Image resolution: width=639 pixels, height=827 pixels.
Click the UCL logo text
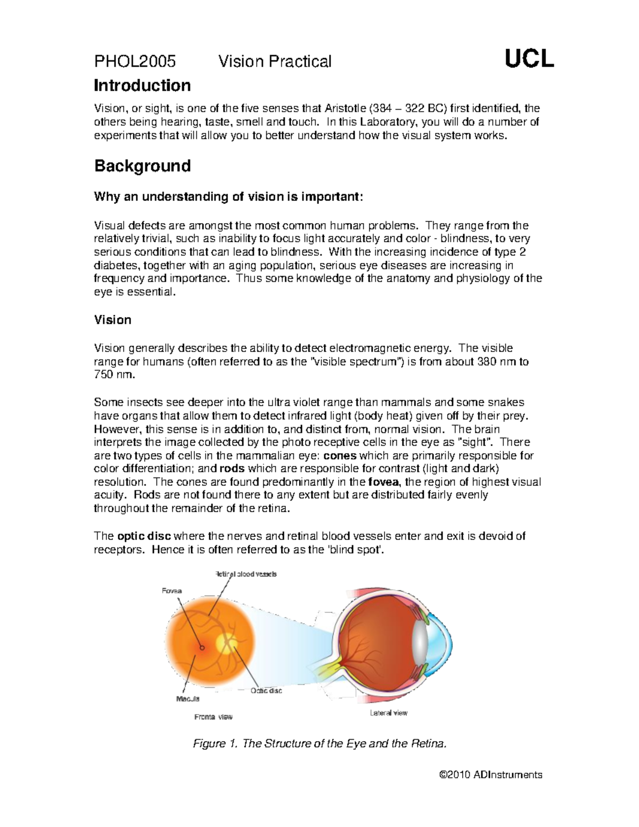click(x=529, y=59)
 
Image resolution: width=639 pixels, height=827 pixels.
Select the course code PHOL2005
click(x=135, y=62)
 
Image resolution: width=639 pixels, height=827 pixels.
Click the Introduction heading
click(x=142, y=86)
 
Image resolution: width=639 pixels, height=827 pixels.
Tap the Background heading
click(x=142, y=166)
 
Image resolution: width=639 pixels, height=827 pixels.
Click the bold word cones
click(x=340, y=456)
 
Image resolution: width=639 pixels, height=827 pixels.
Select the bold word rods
click(x=232, y=469)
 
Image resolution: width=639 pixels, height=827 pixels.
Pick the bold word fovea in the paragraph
click(x=384, y=482)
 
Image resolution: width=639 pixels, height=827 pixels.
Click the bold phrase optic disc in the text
click(x=144, y=536)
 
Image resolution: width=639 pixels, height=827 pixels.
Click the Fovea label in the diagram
click(x=171, y=591)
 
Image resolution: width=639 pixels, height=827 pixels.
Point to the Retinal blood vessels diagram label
click(x=245, y=574)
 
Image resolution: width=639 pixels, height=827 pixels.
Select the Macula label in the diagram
click(x=187, y=699)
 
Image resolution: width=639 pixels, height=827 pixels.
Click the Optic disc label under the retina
click(x=266, y=691)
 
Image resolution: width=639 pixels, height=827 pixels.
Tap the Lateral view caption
click(x=389, y=713)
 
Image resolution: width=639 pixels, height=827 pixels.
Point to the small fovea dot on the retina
click(x=202, y=648)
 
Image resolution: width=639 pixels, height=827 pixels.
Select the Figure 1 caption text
click(x=318, y=743)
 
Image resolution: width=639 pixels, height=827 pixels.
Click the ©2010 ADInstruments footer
click(x=490, y=775)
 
